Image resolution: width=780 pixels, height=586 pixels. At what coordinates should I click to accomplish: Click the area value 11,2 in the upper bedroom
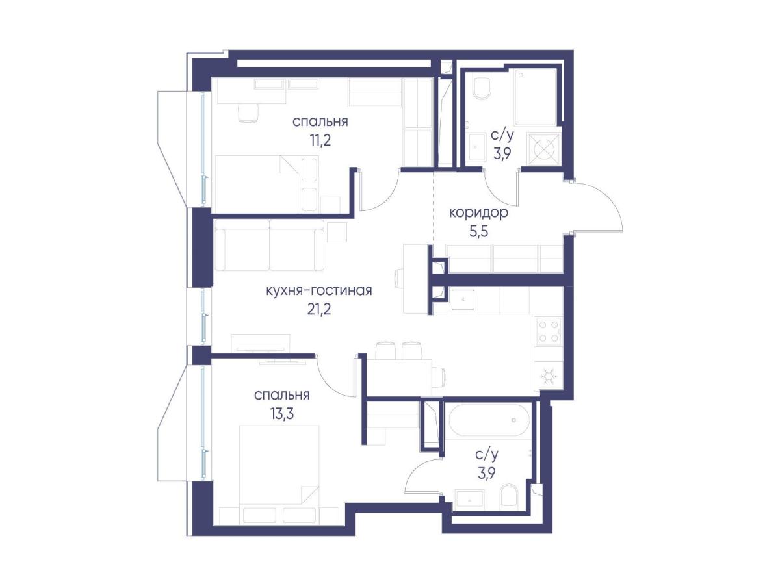320,140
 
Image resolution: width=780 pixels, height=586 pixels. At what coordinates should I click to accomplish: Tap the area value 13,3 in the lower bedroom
282,414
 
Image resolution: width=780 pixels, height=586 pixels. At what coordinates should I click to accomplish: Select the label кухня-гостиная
318,291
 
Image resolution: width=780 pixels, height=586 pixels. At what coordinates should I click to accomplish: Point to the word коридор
478,213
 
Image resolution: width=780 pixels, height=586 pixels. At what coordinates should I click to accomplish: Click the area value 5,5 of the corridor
478,231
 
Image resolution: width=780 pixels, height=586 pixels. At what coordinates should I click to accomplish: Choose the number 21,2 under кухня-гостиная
318,309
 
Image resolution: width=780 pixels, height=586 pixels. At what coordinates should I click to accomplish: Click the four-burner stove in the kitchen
547,331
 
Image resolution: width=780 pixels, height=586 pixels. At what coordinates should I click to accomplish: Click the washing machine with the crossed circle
543,149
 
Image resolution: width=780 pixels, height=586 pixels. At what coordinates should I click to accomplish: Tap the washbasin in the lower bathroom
470,500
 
